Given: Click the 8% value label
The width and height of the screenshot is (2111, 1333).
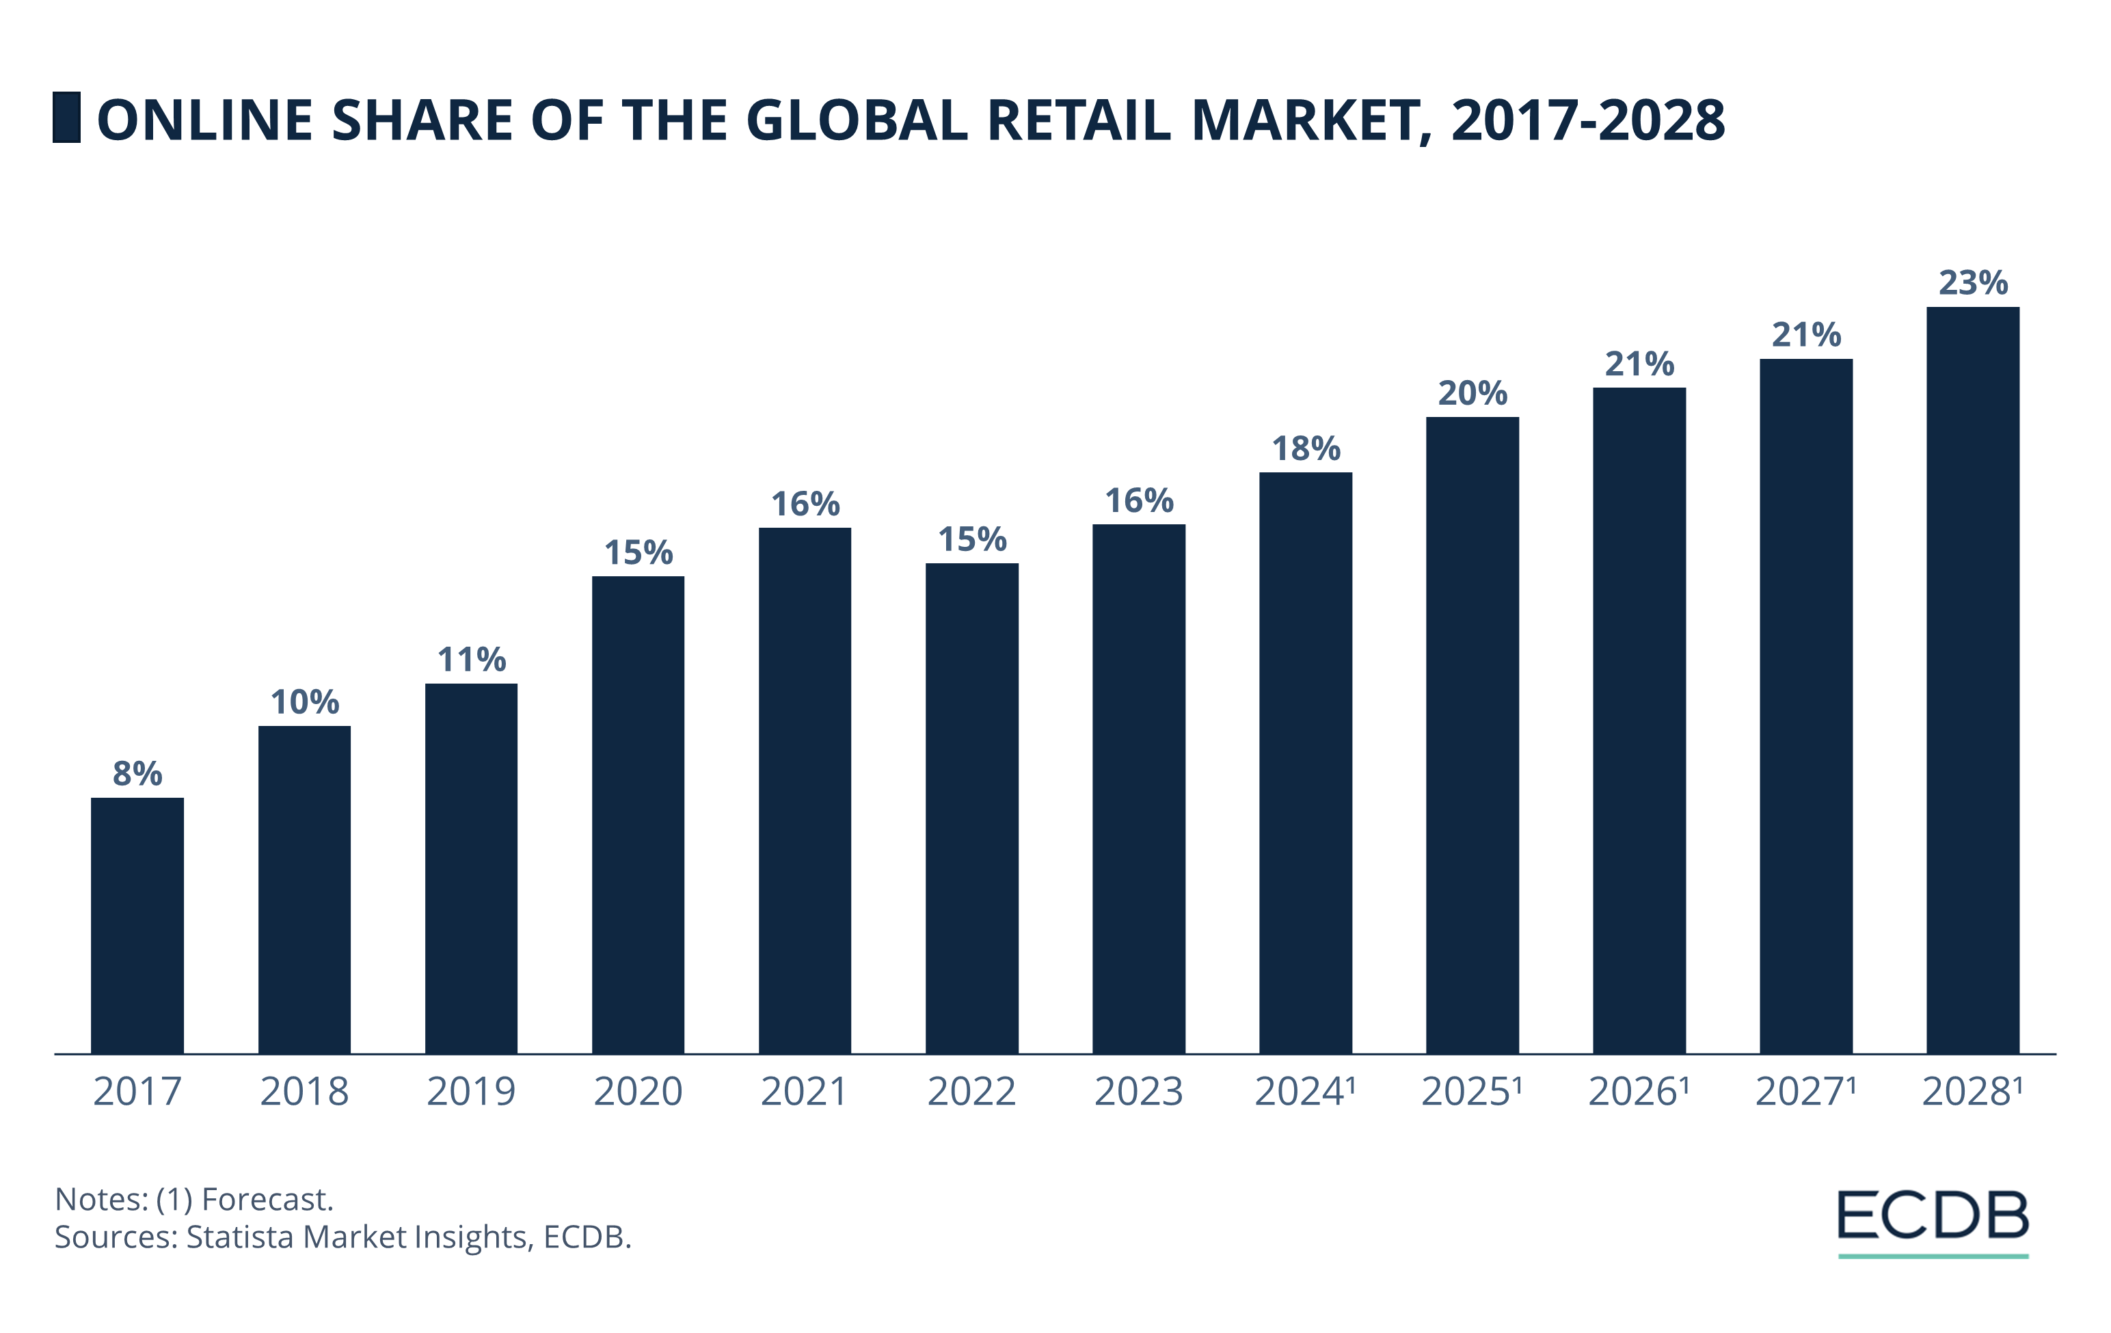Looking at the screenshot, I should click(137, 773).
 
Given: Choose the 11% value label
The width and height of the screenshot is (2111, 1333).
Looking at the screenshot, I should click(471, 659).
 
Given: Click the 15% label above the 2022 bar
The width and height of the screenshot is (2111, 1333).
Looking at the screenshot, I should click(971, 539).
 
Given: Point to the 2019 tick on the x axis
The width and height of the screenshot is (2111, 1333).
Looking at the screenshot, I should click(471, 1091).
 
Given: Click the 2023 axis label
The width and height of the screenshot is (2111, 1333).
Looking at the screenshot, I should click(1138, 1091).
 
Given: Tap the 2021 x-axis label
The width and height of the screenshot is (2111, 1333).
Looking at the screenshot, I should click(804, 1091).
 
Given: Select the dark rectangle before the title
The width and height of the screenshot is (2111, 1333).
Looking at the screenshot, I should click(66, 117).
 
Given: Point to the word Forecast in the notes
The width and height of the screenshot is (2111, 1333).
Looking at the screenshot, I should click(267, 1199).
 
